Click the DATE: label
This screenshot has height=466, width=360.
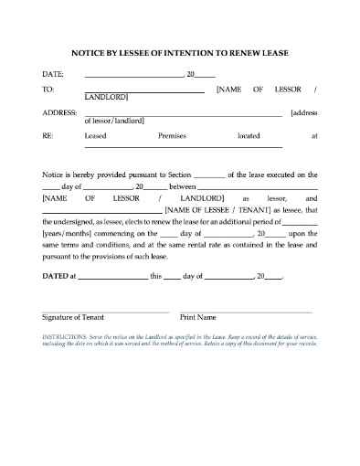pos(53,74)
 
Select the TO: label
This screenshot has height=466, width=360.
pos(48,90)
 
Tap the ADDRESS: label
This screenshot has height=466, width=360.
pos(58,112)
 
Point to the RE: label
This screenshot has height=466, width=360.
pos(48,135)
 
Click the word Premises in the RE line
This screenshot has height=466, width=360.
pos(172,135)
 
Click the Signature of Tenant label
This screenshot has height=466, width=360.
pos(73,317)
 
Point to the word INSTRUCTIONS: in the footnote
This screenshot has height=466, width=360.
pos(65,335)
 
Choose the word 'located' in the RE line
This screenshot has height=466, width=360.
pos(249,135)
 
